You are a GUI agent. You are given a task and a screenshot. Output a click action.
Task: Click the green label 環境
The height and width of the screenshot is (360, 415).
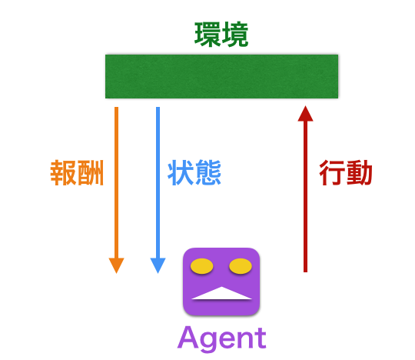click(x=221, y=35)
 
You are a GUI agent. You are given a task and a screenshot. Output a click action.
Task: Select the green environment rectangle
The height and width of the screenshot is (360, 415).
click(x=221, y=76)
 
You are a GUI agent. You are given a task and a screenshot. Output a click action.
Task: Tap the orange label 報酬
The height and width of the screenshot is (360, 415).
click(x=77, y=173)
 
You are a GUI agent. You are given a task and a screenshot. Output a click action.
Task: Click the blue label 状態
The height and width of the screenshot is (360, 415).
click(x=194, y=173)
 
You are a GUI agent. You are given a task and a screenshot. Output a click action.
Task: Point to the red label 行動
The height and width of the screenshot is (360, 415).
click(x=346, y=173)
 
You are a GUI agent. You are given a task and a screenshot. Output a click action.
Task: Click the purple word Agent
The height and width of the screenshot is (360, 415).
click(x=222, y=338)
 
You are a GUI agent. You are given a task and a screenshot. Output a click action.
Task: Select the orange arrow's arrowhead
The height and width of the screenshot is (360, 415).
click(x=116, y=265)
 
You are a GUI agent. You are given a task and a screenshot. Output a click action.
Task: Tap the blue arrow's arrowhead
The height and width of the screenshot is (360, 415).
click(x=158, y=265)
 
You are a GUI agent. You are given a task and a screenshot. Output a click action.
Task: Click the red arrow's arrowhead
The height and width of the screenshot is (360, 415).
click(x=305, y=114)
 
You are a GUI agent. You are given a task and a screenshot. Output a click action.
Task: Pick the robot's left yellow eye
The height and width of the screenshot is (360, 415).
click(x=201, y=266)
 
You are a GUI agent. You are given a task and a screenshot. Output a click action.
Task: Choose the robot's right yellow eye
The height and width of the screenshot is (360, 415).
click(x=241, y=266)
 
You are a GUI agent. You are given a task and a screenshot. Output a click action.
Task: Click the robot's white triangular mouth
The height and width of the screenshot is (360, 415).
click(x=221, y=293)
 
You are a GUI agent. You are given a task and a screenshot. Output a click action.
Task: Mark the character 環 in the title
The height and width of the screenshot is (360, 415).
click(x=207, y=35)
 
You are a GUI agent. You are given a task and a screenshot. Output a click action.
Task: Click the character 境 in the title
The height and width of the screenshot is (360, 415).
click(x=235, y=35)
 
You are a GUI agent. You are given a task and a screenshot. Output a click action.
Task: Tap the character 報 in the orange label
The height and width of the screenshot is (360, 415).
click(x=63, y=173)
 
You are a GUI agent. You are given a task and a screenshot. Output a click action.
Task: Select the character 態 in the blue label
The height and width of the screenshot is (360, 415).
click(x=207, y=173)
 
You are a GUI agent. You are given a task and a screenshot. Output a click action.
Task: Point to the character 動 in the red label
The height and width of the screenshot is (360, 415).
click(x=359, y=173)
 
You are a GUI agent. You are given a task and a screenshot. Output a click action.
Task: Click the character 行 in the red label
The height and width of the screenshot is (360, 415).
click(x=333, y=173)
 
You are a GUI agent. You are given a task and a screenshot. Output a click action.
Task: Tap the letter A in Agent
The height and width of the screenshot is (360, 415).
click(x=188, y=337)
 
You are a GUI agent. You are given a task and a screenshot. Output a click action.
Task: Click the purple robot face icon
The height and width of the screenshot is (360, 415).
click(x=221, y=282)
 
